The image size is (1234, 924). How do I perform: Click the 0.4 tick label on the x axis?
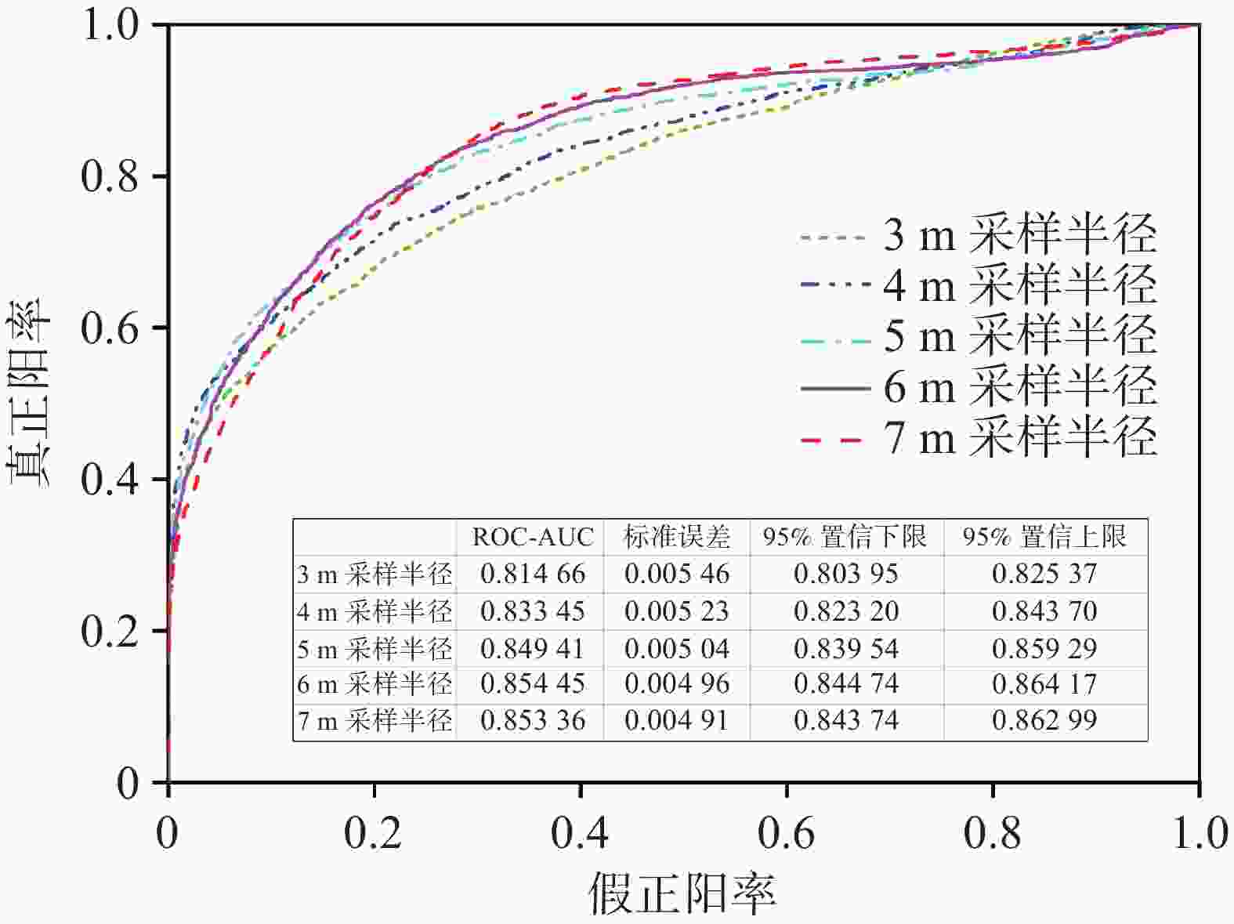click(x=580, y=833)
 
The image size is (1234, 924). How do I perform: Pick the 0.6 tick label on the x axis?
click(x=787, y=833)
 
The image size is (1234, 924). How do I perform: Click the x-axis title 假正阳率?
click(x=682, y=893)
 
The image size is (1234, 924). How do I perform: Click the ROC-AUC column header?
click(x=533, y=538)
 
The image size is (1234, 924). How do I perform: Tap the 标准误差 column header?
click(x=677, y=538)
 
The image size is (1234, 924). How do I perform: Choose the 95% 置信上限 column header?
click(x=1045, y=538)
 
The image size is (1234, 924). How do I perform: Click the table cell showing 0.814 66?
click(x=533, y=574)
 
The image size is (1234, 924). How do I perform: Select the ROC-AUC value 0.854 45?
click(x=533, y=684)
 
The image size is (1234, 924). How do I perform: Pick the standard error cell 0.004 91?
click(x=677, y=720)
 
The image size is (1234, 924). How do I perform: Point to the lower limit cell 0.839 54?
click(x=846, y=649)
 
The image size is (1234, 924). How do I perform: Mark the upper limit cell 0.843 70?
click(x=1045, y=611)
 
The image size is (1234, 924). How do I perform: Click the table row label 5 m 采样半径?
click(x=375, y=649)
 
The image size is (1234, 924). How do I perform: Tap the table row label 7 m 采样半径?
click(x=375, y=720)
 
